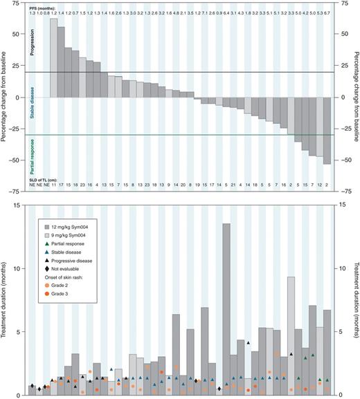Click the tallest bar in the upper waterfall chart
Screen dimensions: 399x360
coord(54,58)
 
